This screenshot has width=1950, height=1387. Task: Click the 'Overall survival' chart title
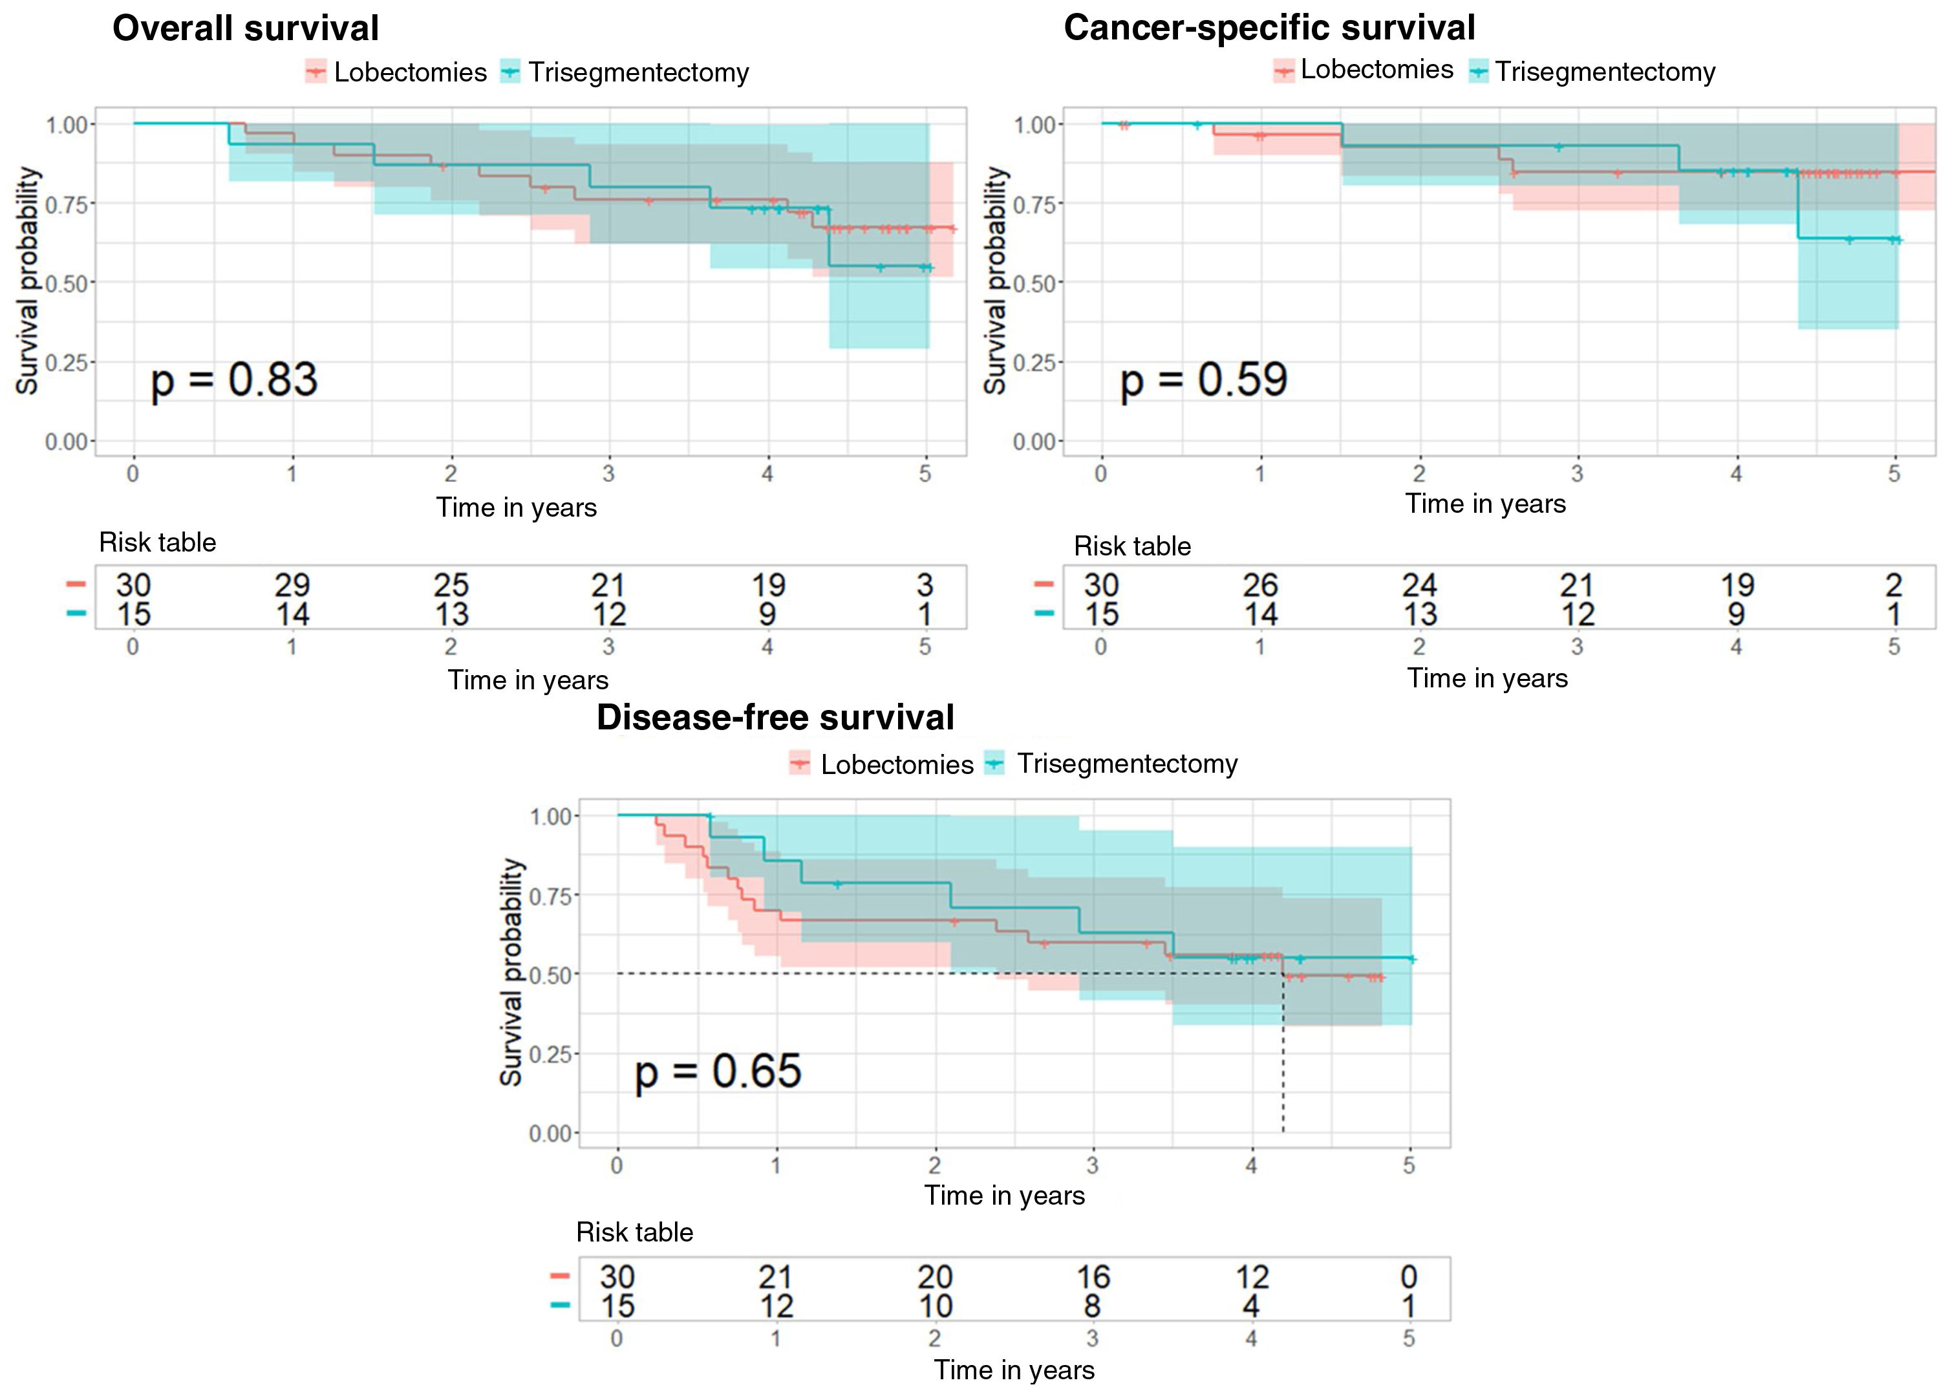click(246, 28)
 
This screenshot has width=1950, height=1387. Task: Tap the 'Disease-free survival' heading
click(775, 717)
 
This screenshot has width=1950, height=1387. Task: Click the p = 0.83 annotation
click(234, 380)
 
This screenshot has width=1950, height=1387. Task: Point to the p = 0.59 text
click(1203, 380)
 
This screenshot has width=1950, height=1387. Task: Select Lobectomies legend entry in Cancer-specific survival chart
click(1364, 70)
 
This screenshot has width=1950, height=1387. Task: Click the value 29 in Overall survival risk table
click(292, 586)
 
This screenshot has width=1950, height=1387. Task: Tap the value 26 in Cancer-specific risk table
click(1260, 586)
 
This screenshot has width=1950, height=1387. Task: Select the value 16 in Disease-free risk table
click(1093, 1278)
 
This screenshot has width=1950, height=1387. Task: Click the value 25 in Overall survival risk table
click(451, 586)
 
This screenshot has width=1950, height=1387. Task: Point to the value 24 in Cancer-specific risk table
click(1419, 586)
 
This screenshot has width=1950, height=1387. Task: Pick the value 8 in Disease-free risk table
click(1093, 1307)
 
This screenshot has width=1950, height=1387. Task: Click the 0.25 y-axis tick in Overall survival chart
click(67, 363)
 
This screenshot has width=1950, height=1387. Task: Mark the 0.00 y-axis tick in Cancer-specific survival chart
click(1034, 442)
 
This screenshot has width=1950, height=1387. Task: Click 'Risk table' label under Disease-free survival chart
click(634, 1232)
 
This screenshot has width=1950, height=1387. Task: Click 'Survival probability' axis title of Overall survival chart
click(28, 281)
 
